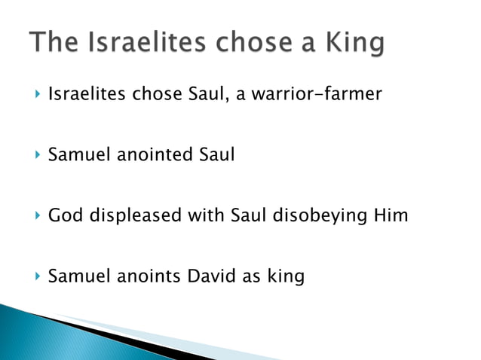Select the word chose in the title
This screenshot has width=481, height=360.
click(246, 43)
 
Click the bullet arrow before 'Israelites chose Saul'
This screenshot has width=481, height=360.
click(37, 95)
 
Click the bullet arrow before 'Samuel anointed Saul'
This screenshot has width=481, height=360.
click(37, 156)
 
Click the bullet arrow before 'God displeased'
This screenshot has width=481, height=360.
click(37, 216)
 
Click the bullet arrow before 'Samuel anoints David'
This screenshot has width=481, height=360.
click(37, 276)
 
